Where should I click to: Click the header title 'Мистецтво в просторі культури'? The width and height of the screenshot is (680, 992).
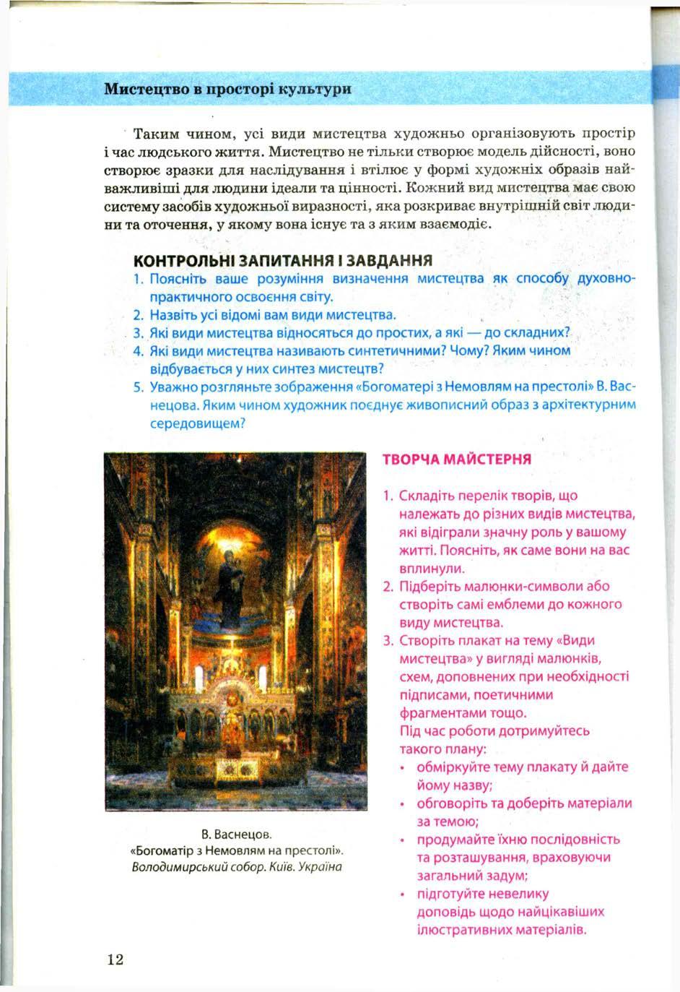point(227,90)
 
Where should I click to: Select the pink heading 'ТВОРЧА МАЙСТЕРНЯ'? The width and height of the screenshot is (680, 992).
point(456,460)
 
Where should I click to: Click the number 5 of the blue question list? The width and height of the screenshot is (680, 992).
point(139,387)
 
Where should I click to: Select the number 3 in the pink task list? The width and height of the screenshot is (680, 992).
point(388,641)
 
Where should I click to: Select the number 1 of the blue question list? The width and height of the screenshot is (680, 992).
point(138,279)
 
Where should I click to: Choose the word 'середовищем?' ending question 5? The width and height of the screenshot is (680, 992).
point(199,423)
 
